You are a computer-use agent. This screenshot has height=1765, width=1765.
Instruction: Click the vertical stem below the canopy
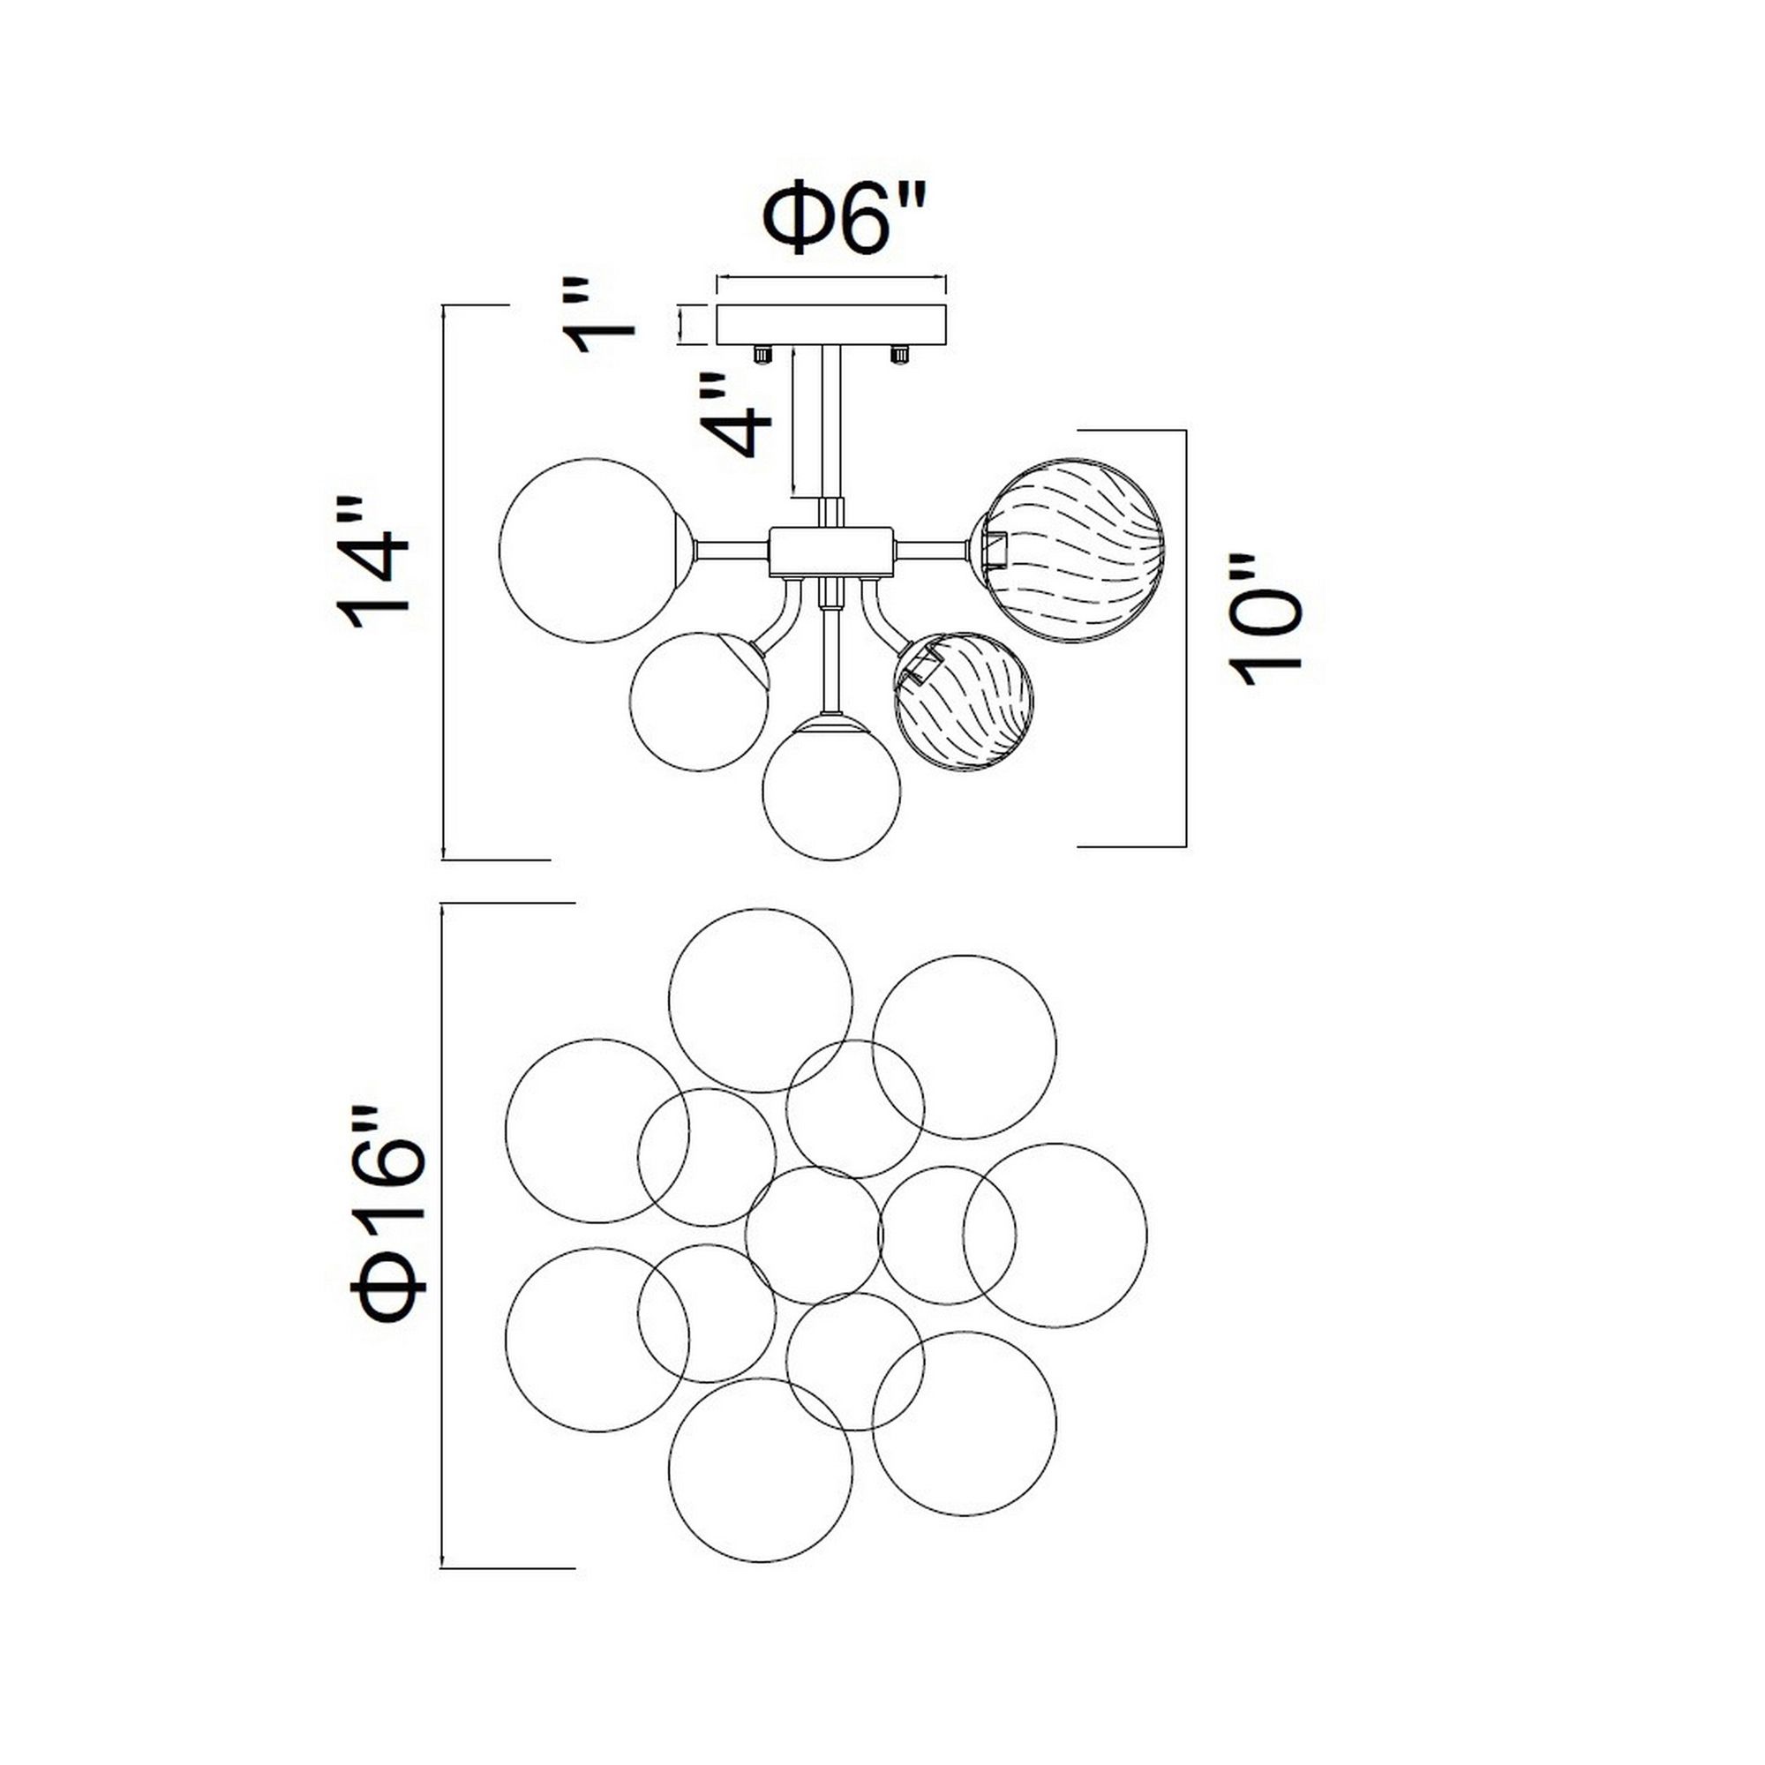tap(831, 420)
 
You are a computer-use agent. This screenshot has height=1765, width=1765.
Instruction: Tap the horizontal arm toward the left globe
tap(731, 551)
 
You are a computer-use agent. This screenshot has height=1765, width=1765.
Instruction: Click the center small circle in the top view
tap(813, 1235)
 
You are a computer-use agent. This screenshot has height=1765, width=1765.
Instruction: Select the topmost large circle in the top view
tap(760, 1001)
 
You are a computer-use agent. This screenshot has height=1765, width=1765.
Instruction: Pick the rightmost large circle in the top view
tap(1055, 1235)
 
